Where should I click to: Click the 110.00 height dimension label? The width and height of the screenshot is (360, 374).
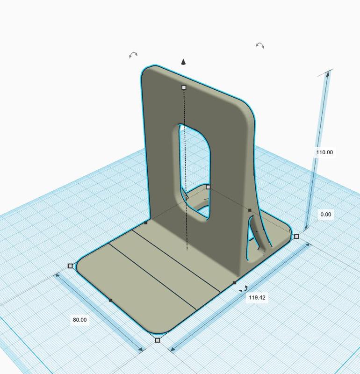point(324,152)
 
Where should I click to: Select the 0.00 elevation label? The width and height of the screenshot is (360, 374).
point(325,215)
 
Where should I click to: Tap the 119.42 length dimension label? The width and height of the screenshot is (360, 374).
point(257,297)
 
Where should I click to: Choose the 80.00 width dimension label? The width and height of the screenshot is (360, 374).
point(79,320)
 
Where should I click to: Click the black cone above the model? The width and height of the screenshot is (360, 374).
point(184,62)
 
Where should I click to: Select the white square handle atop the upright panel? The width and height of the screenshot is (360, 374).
point(184,87)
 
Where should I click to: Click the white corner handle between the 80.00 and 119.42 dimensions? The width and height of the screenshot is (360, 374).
point(158,340)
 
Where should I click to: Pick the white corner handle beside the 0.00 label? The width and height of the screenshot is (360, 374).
point(296,237)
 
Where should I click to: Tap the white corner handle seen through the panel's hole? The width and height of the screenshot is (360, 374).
point(209,187)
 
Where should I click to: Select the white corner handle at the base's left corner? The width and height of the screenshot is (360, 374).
point(71,266)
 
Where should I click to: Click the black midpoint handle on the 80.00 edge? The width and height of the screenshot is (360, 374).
point(110,300)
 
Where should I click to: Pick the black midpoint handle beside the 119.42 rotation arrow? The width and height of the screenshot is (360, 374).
point(234,283)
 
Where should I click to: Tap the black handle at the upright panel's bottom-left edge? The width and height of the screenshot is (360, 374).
point(146,223)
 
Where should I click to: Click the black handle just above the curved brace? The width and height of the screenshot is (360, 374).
point(250,210)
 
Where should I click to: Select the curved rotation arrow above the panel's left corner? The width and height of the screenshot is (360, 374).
point(133,55)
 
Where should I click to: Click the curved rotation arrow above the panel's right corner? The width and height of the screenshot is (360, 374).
point(260,45)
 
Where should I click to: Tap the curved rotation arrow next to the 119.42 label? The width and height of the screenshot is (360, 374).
point(243,290)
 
